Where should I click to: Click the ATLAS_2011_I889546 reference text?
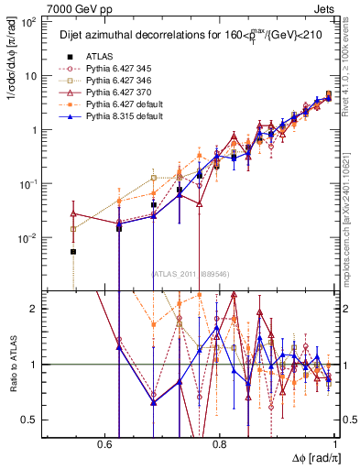click(190, 274)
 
